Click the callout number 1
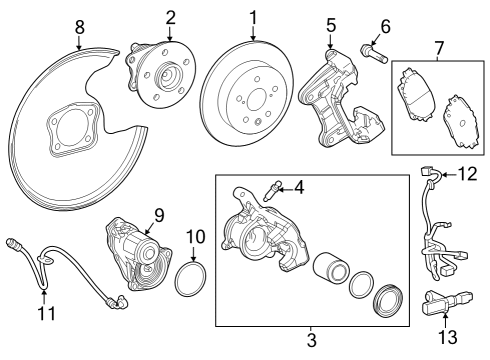(253, 16)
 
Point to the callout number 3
(310, 341)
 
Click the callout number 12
(468, 174)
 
